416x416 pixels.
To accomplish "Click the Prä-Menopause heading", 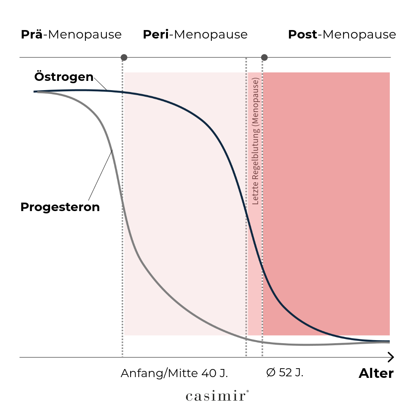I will [x=71, y=35].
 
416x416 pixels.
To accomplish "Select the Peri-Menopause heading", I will [x=195, y=35].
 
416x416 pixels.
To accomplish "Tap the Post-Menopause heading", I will [x=342, y=35].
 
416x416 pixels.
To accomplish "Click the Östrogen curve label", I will [x=64, y=77].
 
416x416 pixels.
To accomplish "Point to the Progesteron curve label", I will [x=60, y=207].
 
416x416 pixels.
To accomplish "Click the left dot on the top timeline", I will [x=124, y=58].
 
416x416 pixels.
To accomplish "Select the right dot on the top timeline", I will [x=264, y=58].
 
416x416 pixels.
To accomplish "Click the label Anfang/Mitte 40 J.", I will [x=174, y=373].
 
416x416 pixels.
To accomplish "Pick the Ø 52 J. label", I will [x=285, y=373].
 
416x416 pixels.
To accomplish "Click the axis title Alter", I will [x=376, y=373].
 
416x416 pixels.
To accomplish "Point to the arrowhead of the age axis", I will [x=391, y=357].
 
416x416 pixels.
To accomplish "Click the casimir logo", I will [x=217, y=396].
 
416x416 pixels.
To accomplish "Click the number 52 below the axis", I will [x=285, y=373].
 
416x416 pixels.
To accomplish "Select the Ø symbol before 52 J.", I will [x=271, y=373].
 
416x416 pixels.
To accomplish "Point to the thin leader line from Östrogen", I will [x=100, y=84].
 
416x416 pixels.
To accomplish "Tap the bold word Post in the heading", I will [x=303, y=35].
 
